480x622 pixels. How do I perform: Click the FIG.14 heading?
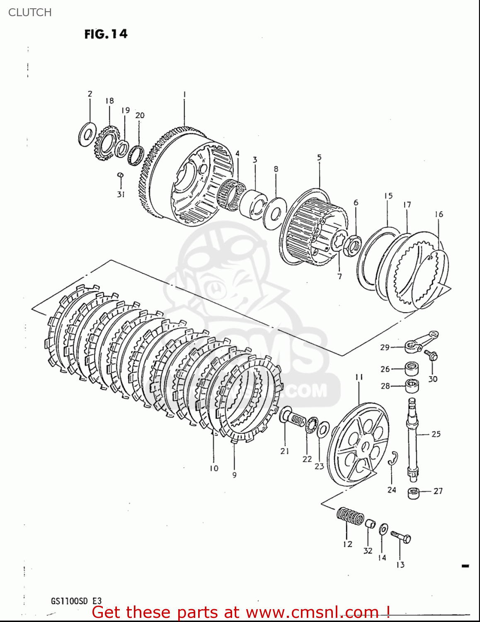pos(106,34)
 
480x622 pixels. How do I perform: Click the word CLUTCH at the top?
pos(30,12)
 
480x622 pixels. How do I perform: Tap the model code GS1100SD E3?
pos(76,601)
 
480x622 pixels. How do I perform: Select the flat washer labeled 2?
pos(87,134)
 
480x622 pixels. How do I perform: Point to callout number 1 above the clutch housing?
pos(184,95)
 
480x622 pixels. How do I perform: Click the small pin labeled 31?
pos(120,176)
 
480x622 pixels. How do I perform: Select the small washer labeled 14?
pos(383,529)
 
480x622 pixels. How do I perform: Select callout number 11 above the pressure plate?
pos(359,377)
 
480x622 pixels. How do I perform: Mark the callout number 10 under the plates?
pos(213,468)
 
